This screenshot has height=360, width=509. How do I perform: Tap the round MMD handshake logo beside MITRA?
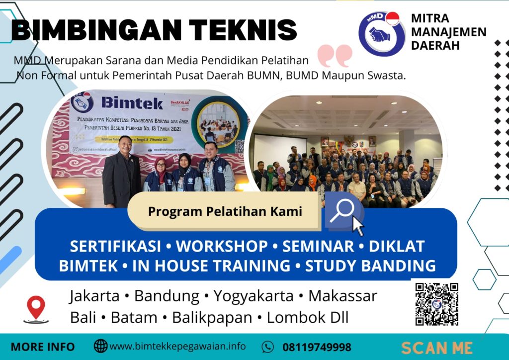click(381, 34)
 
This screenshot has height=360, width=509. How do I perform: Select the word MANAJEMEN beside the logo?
click(449, 32)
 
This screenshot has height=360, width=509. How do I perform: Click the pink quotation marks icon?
click(335, 55)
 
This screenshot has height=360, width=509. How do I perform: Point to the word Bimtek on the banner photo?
click(131, 102)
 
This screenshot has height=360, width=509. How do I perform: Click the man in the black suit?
click(122, 172)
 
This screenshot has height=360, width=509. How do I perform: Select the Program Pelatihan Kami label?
click(225, 211)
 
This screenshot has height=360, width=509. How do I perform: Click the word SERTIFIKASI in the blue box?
click(115, 246)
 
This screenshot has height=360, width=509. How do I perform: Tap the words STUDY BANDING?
click(370, 266)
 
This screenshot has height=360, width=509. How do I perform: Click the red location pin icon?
click(36, 308)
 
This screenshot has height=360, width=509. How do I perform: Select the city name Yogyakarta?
click(254, 296)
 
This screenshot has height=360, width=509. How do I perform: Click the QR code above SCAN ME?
click(436, 303)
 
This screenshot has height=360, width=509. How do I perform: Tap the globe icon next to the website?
click(100, 346)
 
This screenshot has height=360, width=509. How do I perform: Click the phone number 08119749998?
click(317, 347)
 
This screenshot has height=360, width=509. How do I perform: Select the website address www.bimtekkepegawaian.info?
click(177, 346)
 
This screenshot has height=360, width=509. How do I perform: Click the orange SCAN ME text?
click(436, 347)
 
